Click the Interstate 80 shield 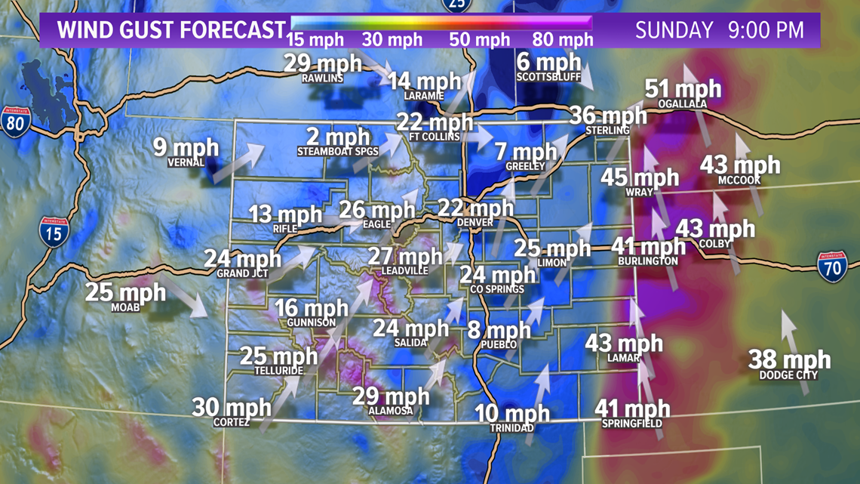coord(16,121)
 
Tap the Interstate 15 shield coord(53,232)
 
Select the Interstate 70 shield coord(832,267)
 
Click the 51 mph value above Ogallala coord(683,89)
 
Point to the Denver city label coord(475,223)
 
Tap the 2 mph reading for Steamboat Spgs coord(338,137)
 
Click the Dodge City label coord(788,375)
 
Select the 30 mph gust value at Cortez coord(232,408)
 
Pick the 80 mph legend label coord(563,39)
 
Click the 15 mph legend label coord(315,39)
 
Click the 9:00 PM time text coord(766,30)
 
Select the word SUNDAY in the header coord(674,30)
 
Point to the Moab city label coord(125,307)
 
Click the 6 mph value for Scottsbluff coord(548,63)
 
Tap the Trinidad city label coord(512,428)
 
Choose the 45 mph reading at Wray coord(640,177)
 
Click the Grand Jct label coord(242,273)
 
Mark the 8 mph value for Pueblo coord(499,330)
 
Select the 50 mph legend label coord(480,39)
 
